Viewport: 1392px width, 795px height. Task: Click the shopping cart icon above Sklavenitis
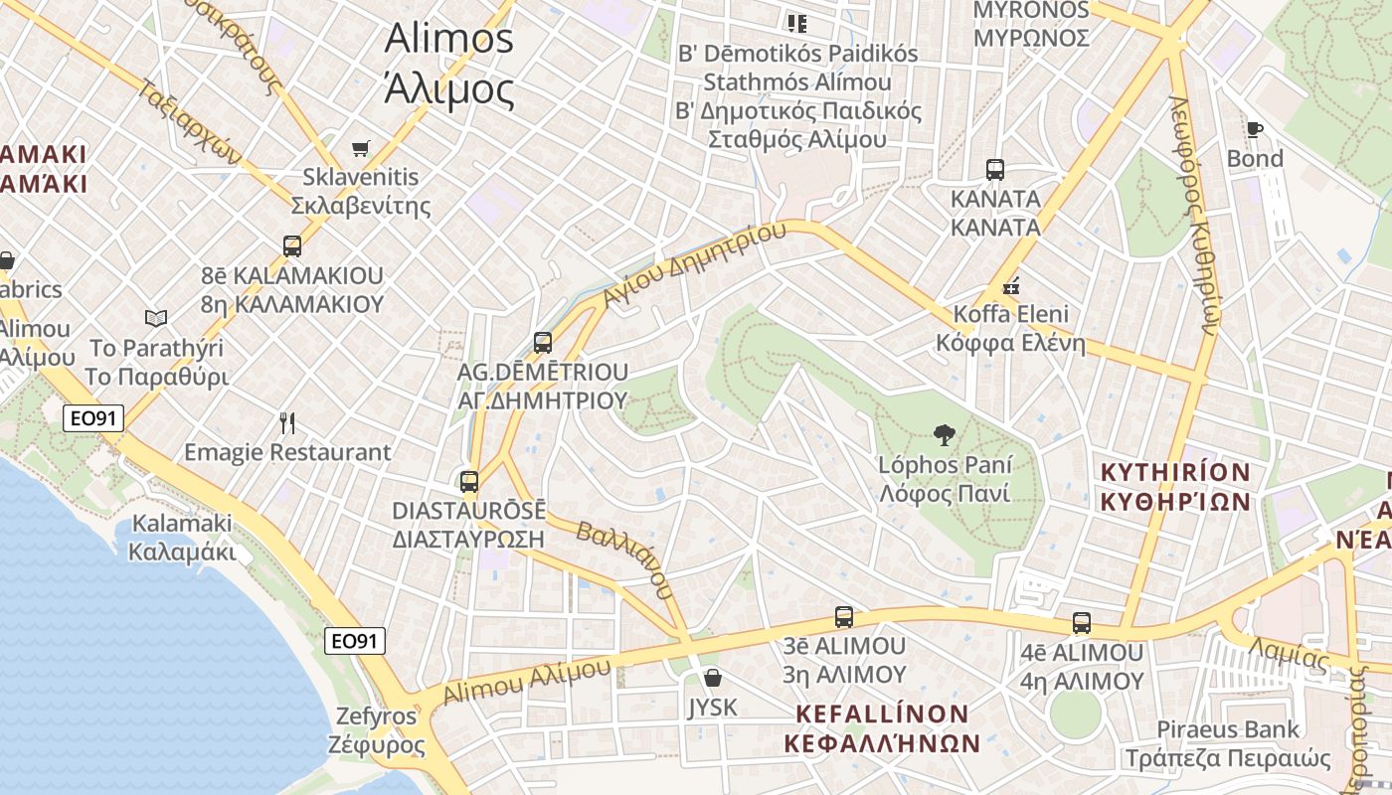[x=361, y=149]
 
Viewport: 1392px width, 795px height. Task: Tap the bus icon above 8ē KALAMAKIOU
[x=291, y=245]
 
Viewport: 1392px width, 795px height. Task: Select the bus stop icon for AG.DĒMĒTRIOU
[x=542, y=343]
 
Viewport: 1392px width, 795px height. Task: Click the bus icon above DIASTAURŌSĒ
[x=468, y=482]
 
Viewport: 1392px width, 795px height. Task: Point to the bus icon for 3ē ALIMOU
[x=843, y=617]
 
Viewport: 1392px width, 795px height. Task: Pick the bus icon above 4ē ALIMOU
[x=1081, y=624]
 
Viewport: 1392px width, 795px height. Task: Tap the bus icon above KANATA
[x=994, y=170]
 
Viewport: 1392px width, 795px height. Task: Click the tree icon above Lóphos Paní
[x=944, y=434]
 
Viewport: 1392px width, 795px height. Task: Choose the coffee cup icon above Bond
[x=1254, y=129]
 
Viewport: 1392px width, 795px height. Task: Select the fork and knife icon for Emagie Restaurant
[x=287, y=423]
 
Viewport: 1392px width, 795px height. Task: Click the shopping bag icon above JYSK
[x=712, y=679]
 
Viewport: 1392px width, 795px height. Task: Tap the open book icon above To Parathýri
[x=156, y=318]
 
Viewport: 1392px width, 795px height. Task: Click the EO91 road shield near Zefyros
[x=354, y=641]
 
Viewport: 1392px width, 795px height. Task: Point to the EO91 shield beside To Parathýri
[x=93, y=418]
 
